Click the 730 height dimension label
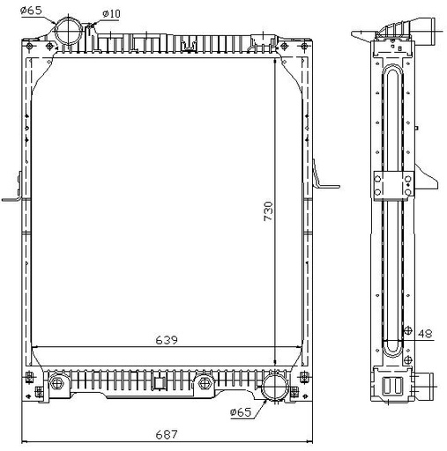[x=268, y=211]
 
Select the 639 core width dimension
[x=167, y=340]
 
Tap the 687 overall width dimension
[x=167, y=434]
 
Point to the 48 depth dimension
[x=425, y=334]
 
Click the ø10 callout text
[x=111, y=13]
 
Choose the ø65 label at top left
[x=31, y=11]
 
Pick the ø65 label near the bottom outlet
[x=241, y=412]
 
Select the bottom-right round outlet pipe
[x=276, y=386]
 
